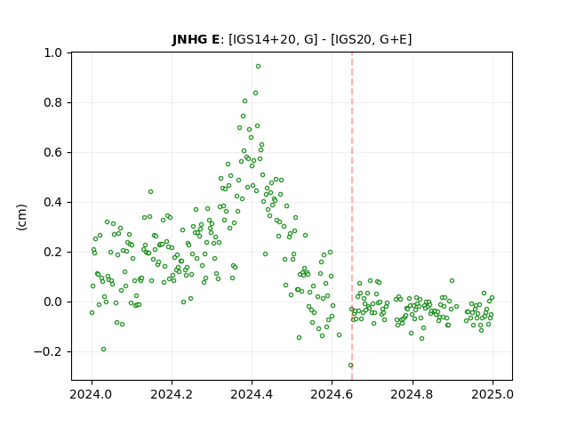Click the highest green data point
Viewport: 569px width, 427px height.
coord(258,67)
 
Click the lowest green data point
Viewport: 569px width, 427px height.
coord(350,366)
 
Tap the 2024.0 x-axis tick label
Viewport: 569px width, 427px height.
coord(92,394)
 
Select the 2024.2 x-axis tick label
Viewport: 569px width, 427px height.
coord(172,394)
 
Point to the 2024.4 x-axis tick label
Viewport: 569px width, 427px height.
coord(252,394)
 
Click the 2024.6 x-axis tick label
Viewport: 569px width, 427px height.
coord(332,394)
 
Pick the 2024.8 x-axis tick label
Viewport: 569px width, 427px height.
coord(412,394)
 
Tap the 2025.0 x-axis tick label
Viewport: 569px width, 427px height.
coord(493,394)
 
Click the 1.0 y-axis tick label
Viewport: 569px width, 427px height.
coord(52,53)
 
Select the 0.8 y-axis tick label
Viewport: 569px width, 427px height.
coord(52,103)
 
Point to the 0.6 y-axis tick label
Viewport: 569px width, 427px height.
coord(52,152)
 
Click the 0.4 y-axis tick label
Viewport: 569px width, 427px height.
coord(52,202)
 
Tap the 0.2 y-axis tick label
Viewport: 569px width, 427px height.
coord(52,252)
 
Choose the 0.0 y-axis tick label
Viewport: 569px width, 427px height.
coord(52,302)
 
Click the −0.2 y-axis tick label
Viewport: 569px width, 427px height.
coord(47,352)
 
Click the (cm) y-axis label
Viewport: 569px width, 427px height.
coord(21,217)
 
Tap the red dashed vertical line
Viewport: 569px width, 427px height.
coord(352,216)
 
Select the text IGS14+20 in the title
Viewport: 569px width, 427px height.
coord(263,39)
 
